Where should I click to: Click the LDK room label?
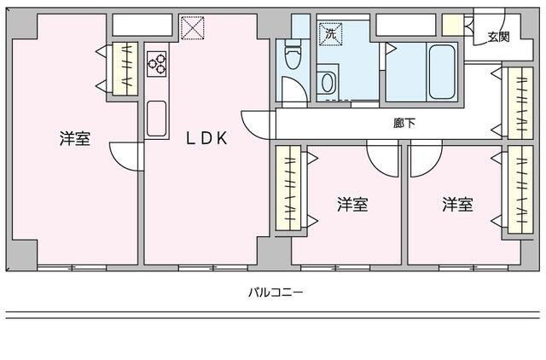[x=206, y=139]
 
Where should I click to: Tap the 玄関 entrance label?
[x=499, y=36]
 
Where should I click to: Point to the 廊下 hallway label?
[x=404, y=123]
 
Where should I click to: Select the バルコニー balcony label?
[x=276, y=291]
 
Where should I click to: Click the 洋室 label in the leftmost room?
[x=75, y=139]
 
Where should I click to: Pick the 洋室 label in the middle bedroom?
[x=351, y=205]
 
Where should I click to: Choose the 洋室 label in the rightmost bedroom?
[x=457, y=205]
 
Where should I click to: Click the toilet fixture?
[x=293, y=58]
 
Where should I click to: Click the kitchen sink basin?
[x=156, y=118]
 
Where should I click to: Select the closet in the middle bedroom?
[x=289, y=189]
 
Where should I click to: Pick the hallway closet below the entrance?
[x=517, y=102]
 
